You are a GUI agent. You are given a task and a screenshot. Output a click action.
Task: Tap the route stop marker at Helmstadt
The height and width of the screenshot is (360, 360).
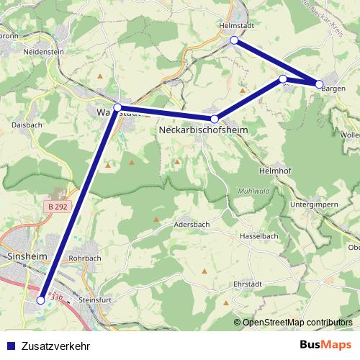point(234,40)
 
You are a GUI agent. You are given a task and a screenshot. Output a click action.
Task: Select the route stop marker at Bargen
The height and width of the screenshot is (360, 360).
point(320,84)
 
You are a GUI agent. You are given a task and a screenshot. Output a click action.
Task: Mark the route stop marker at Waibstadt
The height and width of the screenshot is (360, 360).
point(117,107)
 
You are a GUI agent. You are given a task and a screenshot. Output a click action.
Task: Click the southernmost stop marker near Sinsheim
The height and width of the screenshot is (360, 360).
point(41,300)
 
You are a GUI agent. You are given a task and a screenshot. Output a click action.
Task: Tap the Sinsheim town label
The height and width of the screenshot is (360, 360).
point(26,256)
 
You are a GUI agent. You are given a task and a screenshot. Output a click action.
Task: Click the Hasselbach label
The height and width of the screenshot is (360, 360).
point(259,235)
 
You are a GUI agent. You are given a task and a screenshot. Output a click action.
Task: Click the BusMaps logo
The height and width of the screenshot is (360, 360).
point(325,344)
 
